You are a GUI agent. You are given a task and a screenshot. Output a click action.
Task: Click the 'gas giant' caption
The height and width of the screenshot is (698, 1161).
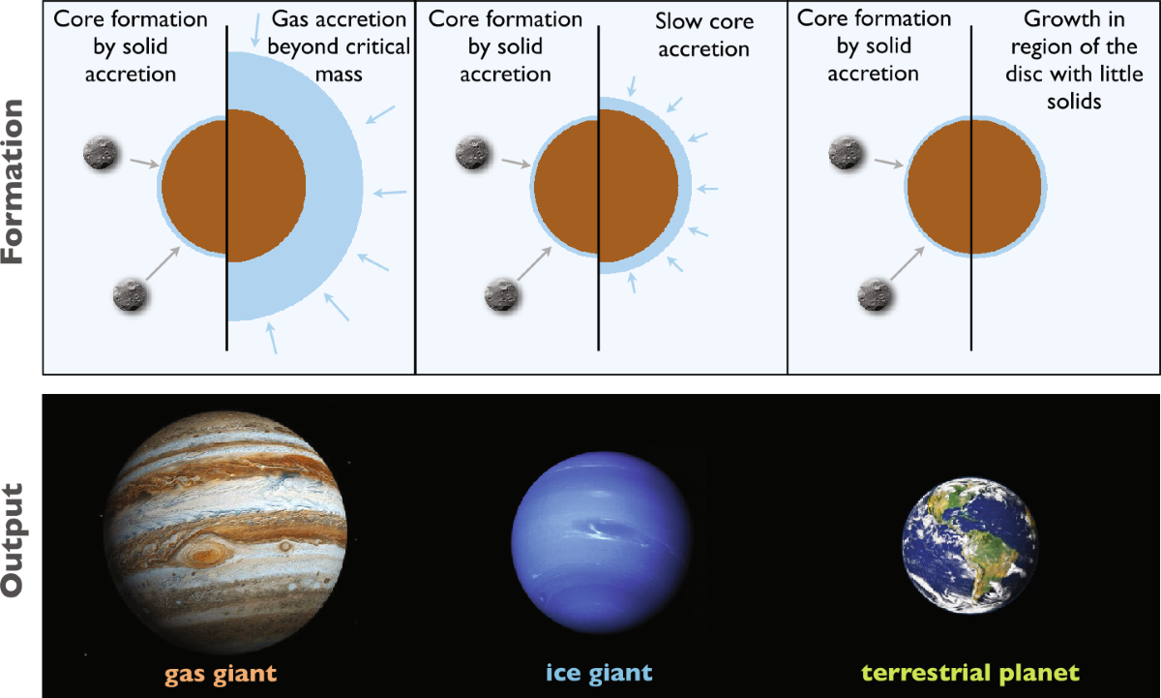(x=221, y=674)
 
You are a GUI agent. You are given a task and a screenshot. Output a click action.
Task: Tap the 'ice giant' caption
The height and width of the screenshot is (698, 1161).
(x=599, y=673)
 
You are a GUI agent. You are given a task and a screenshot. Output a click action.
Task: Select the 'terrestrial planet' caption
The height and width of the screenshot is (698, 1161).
(x=970, y=673)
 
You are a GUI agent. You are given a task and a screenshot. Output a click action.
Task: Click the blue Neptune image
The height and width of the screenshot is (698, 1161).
(x=601, y=542)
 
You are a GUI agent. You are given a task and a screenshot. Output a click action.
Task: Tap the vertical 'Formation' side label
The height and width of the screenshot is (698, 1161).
(x=13, y=181)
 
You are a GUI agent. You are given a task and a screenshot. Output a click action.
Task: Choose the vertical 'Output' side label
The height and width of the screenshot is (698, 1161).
(x=13, y=540)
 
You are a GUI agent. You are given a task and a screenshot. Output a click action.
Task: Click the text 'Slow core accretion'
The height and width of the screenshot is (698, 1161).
(x=704, y=35)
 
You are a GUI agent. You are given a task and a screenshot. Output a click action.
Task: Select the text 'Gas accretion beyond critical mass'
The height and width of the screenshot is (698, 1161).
(x=339, y=46)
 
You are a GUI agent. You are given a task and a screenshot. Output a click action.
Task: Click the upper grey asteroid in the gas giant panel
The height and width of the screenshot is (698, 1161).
(x=101, y=153)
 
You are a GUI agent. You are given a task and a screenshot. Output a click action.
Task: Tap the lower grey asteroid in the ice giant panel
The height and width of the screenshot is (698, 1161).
(x=501, y=295)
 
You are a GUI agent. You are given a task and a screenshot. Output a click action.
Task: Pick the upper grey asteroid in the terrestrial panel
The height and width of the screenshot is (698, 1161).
(x=845, y=153)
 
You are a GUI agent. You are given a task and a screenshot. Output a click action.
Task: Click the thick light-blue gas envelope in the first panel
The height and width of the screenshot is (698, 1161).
(x=335, y=187)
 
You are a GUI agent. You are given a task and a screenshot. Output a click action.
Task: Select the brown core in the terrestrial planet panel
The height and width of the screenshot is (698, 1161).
(x=974, y=187)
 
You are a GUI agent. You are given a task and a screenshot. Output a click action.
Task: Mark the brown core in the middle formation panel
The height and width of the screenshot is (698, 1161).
(x=606, y=187)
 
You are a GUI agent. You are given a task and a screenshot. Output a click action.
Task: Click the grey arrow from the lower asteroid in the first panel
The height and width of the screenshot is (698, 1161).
(x=163, y=263)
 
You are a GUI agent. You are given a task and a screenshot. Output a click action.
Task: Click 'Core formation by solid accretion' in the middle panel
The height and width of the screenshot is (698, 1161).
(x=505, y=46)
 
